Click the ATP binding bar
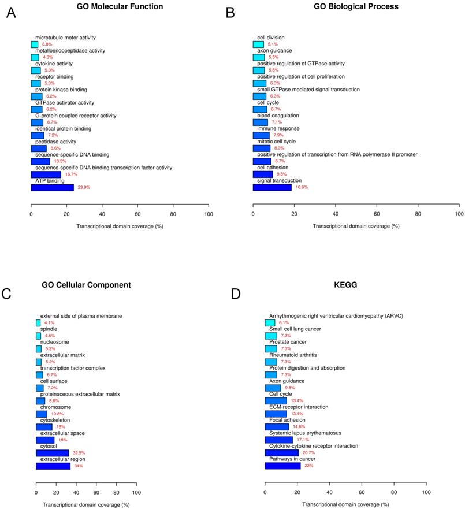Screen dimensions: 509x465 tap(52, 187)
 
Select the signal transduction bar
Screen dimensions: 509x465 tap(272, 187)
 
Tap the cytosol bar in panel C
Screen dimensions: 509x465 tap(52, 454)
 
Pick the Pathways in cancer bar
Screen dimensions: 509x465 tap(282, 466)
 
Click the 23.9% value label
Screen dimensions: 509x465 tap(84, 188)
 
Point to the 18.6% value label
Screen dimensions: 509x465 tap(302, 187)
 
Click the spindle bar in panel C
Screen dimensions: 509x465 tap(38, 336)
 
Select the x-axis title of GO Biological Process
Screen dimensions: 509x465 tap(356, 225)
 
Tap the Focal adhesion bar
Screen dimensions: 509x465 tap(277, 427)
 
